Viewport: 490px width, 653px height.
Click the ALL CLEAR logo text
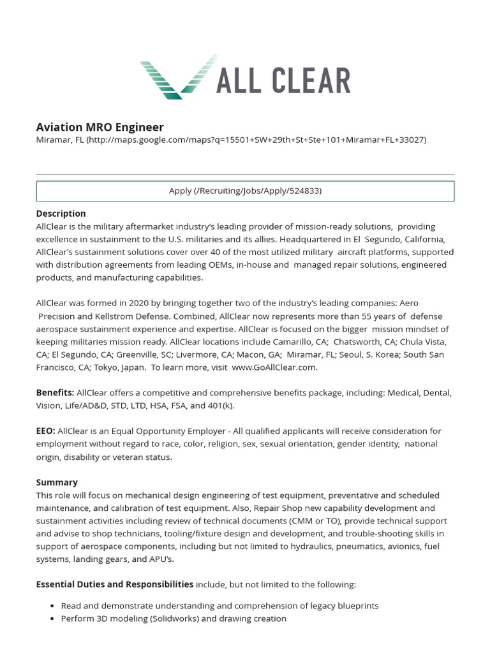click(x=283, y=81)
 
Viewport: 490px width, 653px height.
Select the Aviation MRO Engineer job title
click(x=100, y=127)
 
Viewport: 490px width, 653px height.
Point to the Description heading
click(x=61, y=213)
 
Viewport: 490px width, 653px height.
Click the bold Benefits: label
click(x=56, y=393)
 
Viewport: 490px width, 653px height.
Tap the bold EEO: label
click(x=46, y=431)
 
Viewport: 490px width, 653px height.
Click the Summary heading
click(x=57, y=482)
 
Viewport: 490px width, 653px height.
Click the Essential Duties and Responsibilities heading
click(x=115, y=584)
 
